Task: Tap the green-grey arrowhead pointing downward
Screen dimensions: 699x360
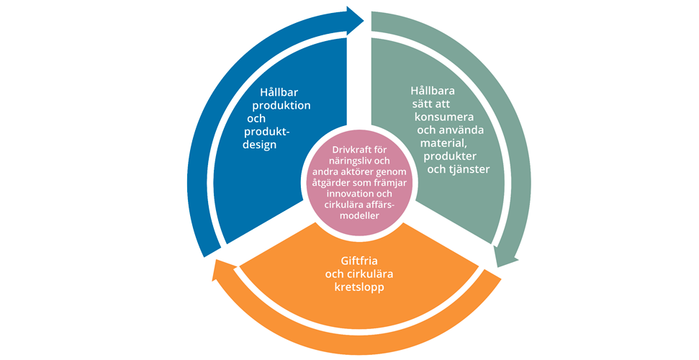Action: pos(506,257)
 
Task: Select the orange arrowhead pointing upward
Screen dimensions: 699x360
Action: pos(222,269)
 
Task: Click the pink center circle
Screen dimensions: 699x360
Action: pos(359,184)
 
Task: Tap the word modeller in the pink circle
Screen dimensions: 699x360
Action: pos(359,216)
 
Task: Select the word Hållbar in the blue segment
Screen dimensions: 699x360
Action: pos(279,92)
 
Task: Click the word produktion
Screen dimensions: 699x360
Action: pos(281,106)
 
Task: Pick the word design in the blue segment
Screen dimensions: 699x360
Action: pos(259,145)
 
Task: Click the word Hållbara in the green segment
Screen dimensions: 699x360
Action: pos(433,91)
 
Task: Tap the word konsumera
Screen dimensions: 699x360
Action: pos(444,117)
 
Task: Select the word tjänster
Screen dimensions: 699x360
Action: pos(470,169)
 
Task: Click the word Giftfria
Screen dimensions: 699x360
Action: pos(359,261)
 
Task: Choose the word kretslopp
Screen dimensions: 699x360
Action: pos(359,287)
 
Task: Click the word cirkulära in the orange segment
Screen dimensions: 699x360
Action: pos(370,274)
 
